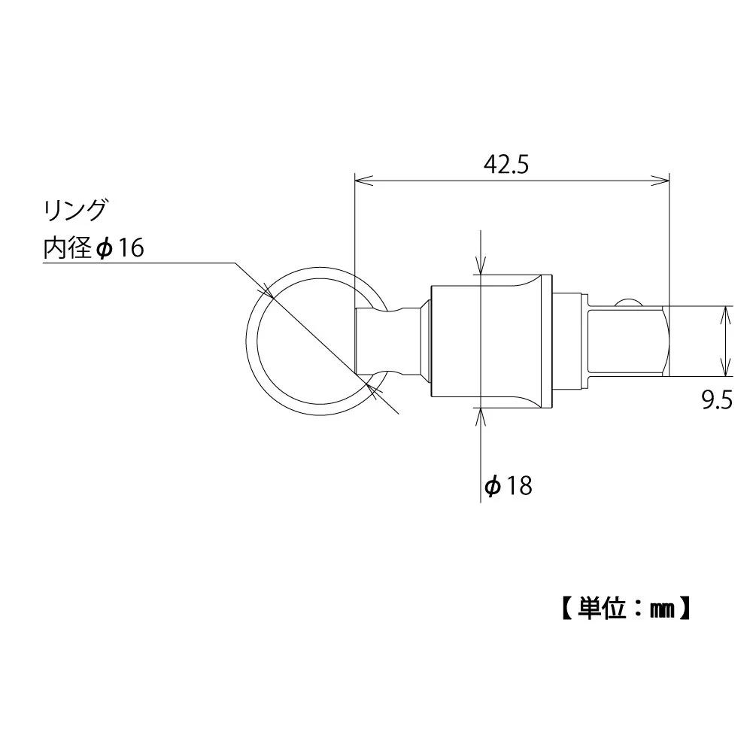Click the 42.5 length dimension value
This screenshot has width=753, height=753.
pyautogui.click(x=506, y=165)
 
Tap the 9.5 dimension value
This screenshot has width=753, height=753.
pyautogui.click(x=717, y=400)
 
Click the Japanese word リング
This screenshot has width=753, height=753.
pyautogui.click(x=75, y=211)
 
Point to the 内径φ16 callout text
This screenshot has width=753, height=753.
pyautogui.click(x=94, y=247)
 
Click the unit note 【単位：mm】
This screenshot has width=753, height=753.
pyautogui.click(x=626, y=609)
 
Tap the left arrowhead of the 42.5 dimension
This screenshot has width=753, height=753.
pyautogui.click(x=363, y=181)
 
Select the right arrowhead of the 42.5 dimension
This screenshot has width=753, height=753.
pyautogui.click(x=660, y=181)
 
